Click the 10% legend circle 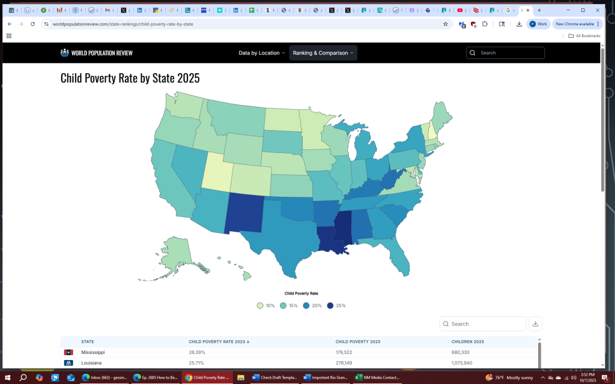click(260, 305)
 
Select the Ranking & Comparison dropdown click(323, 53)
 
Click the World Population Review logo click(97, 53)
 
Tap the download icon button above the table click(536, 324)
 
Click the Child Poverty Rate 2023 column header click(219, 341)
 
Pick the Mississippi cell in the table click(93, 352)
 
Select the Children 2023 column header click(468, 341)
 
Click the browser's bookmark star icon click(446, 24)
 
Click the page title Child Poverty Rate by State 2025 click(130, 79)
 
